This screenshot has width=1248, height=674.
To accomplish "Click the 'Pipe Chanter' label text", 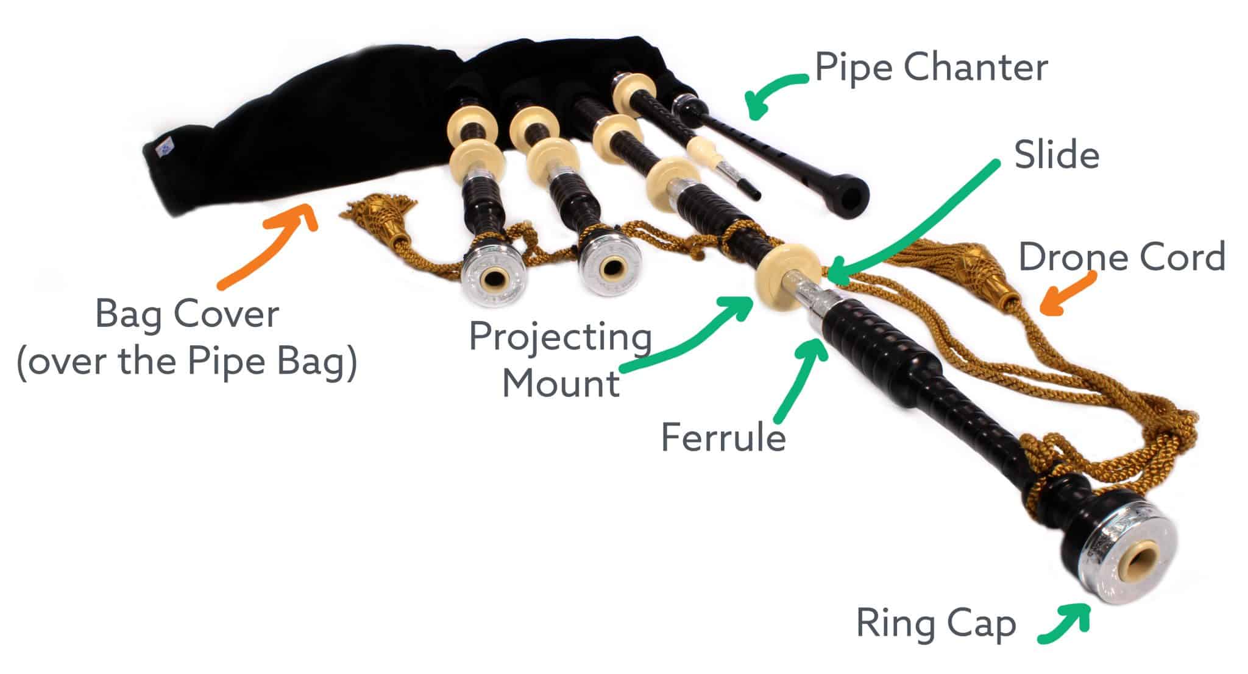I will (931, 68).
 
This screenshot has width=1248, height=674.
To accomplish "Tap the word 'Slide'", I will (1056, 155).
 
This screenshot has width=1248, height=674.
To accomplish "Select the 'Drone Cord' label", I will (1121, 257).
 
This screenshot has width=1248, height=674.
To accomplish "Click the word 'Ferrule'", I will (723, 437).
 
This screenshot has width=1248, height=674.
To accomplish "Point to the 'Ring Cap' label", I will (935, 623).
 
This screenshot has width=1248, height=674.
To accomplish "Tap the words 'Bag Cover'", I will (187, 315).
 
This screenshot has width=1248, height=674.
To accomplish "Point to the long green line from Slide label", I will (914, 219).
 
